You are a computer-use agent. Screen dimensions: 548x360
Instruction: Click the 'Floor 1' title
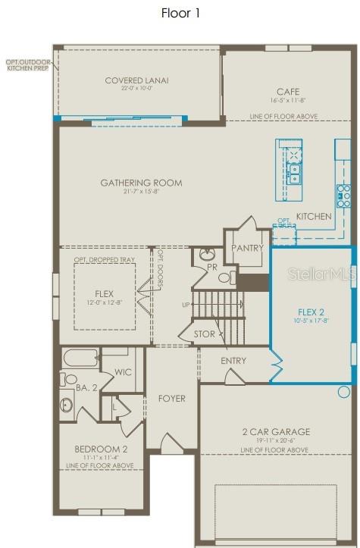[180, 13]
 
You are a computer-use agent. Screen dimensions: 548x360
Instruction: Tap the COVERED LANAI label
[136, 80]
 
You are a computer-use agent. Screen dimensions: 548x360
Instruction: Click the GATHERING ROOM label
[142, 183]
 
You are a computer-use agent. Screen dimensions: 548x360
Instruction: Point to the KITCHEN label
[313, 217]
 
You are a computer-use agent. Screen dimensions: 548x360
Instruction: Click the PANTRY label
[248, 248]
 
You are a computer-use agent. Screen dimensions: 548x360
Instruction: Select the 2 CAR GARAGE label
[276, 432]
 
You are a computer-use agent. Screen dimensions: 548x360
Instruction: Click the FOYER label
[172, 399]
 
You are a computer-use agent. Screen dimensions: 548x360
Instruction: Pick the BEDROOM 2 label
[101, 449]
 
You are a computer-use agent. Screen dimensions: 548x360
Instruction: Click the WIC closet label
[124, 372]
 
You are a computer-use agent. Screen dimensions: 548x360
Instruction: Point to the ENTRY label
[233, 361]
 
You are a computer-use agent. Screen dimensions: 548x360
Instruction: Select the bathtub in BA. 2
[80, 358]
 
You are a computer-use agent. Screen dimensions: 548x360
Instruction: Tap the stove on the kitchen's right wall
[344, 196]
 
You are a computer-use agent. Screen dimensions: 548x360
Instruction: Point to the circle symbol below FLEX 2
[344, 392]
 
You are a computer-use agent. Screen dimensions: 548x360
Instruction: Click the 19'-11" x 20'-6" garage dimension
[276, 441]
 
